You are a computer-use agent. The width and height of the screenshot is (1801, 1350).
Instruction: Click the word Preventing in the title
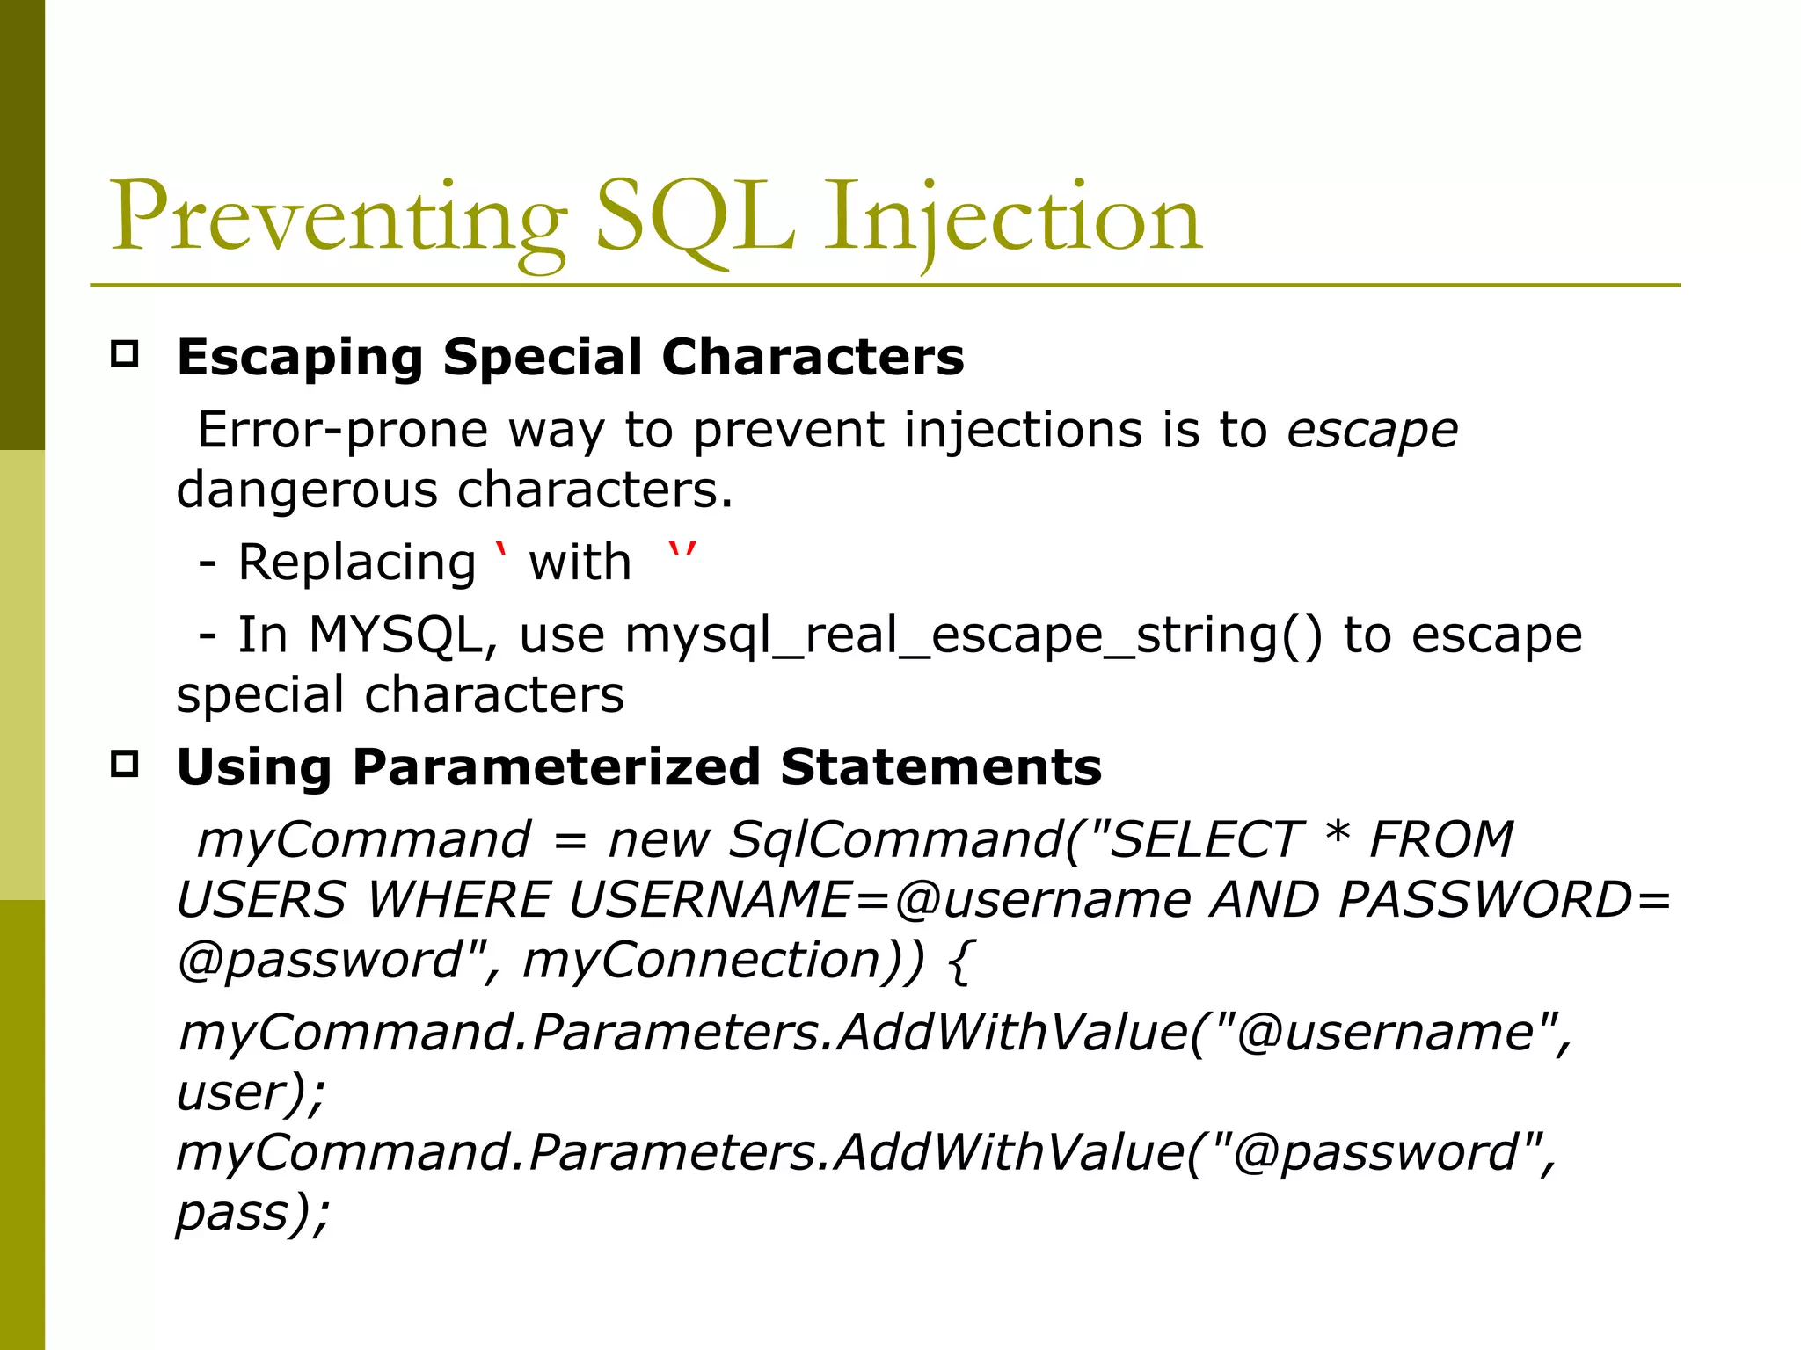[339, 218]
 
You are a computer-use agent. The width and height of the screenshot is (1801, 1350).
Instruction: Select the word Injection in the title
[1011, 218]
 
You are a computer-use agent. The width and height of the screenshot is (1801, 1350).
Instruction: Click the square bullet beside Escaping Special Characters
[125, 354]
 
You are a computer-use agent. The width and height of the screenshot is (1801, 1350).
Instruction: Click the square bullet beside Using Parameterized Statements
[125, 764]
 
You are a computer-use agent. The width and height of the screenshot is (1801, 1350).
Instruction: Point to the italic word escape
[1373, 431]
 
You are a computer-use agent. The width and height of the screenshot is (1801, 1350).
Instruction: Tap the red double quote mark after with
[682, 554]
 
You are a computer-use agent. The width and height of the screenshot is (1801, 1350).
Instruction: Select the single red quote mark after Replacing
[502, 554]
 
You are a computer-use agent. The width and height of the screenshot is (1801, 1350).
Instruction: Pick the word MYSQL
[396, 635]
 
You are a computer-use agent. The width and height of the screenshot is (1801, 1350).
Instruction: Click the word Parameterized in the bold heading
[556, 767]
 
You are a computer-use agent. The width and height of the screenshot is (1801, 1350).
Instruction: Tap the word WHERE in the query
[458, 900]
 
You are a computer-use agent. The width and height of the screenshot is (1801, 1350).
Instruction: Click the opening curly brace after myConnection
[960, 961]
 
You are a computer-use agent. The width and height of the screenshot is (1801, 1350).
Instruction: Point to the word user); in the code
[251, 1092]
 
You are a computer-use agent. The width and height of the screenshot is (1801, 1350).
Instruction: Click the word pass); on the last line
[252, 1214]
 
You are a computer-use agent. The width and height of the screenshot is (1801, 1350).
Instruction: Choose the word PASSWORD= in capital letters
[1504, 900]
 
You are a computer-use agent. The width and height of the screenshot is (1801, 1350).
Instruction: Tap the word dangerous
[307, 490]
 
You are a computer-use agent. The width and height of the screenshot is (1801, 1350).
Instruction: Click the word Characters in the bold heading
[813, 358]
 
